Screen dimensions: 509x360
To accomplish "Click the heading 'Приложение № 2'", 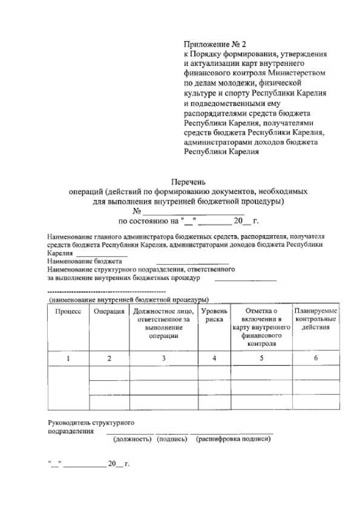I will (x=215, y=43).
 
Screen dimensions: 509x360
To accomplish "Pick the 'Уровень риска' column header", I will (x=214, y=315).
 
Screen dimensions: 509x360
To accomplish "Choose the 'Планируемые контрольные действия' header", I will (x=316, y=319).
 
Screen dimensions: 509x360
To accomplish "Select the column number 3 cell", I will (x=164, y=358).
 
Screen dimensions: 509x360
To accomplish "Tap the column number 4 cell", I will (x=214, y=358).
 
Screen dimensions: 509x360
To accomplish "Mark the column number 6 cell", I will (x=316, y=358).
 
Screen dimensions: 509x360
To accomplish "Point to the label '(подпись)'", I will (x=172, y=439).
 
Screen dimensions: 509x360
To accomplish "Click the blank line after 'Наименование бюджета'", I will (x=192, y=262).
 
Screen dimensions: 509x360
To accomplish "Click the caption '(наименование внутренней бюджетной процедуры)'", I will (x=129, y=300).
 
